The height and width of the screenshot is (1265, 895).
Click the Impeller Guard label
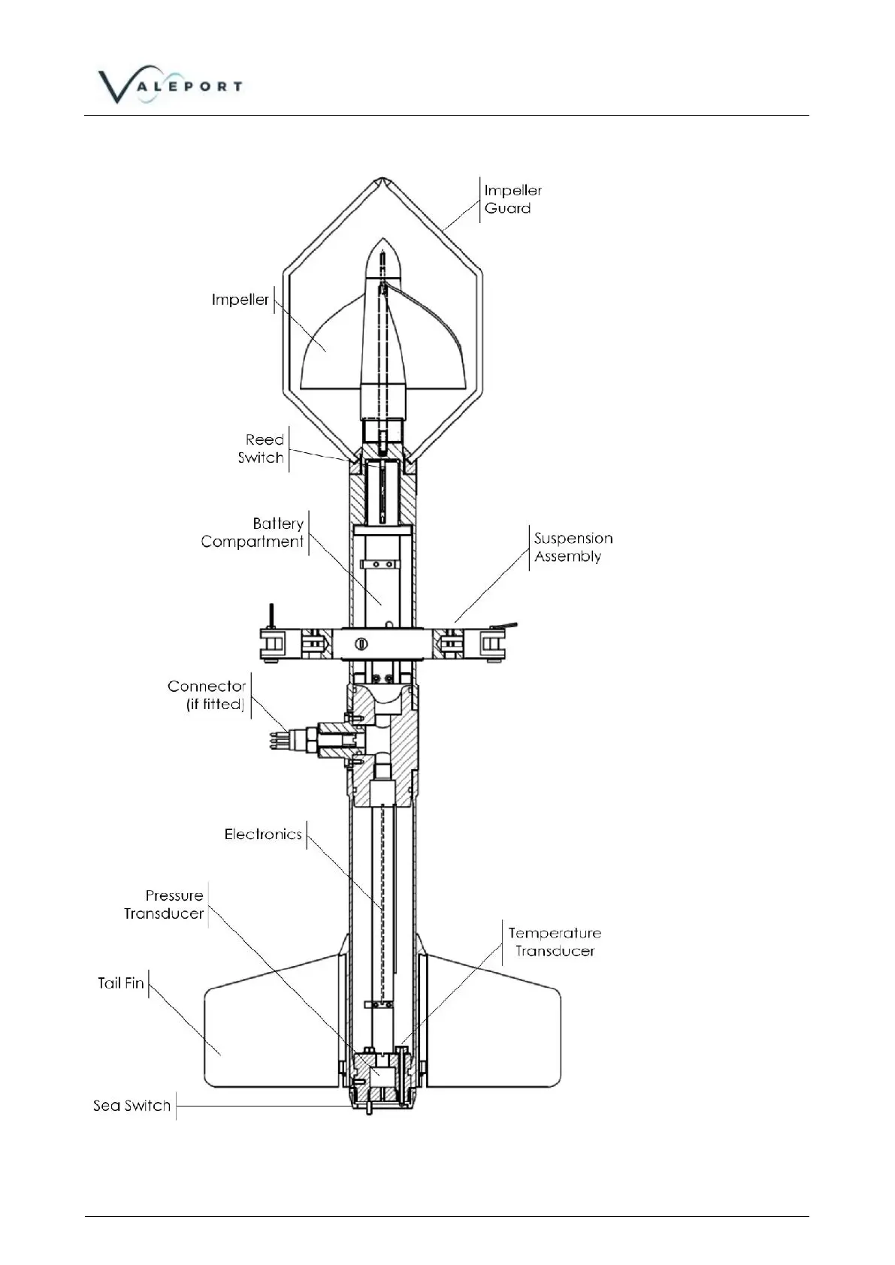(x=513, y=200)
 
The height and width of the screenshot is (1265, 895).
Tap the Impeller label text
(x=240, y=300)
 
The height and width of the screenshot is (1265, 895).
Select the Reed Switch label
(x=262, y=448)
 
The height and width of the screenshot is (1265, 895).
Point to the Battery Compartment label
(x=252, y=533)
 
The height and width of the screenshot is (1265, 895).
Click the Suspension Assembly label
(x=573, y=548)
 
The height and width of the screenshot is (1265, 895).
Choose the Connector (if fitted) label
(x=207, y=695)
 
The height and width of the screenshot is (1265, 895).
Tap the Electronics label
(x=263, y=835)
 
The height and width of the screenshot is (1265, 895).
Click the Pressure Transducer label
(x=165, y=904)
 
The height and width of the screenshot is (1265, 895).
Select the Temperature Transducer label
(x=555, y=942)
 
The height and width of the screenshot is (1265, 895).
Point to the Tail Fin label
(x=120, y=983)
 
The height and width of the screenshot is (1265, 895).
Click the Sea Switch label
(x=132, y=1106)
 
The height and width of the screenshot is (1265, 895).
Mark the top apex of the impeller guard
(x=382, y=180)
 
